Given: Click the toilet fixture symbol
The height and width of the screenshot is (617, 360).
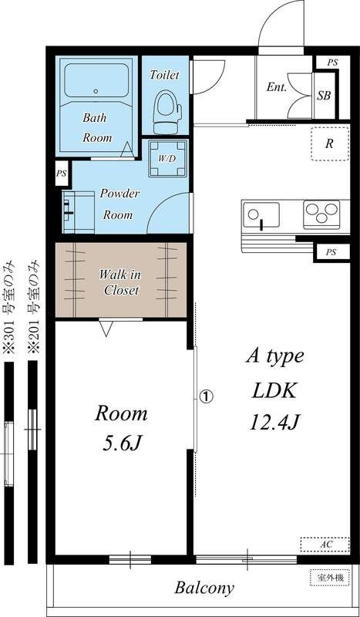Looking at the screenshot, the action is (x=167, y=112).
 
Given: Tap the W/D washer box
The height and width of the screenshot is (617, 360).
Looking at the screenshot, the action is (x=167, y=159).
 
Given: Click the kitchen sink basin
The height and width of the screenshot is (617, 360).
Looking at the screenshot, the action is (x=261, y=215).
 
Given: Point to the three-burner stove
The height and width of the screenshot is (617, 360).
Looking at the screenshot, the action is (x=321, y=214).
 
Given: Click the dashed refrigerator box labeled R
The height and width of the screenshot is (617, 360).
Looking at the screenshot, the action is (x=330, y=144).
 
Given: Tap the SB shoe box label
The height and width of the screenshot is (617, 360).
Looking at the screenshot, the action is (x=325, y=96).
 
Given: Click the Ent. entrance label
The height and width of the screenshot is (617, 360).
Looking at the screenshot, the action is (x=276, y=87).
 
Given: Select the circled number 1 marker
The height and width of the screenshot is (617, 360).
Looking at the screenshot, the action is (x=206, y=396).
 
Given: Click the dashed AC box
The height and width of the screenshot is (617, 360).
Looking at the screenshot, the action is (x=325, y=545).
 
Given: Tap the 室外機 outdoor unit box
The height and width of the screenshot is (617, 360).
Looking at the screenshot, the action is (x=330, y=578).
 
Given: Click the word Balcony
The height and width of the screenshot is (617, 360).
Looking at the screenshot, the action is (x=204, y=588).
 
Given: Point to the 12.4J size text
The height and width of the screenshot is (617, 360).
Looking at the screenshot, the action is (x=274, y=423).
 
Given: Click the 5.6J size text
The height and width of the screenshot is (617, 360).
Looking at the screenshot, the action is (x=121, y=443).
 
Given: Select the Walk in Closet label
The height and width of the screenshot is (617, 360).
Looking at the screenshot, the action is (x=119, y=282).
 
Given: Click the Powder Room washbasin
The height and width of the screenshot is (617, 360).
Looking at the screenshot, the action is (x=79, y=212).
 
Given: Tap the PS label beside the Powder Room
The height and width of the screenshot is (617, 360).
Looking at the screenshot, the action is (x=62, y=173).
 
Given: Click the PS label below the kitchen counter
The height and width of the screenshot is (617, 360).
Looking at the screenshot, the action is (x=331, y=253).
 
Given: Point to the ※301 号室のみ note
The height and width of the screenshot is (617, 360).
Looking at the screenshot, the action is (x=9, y=306).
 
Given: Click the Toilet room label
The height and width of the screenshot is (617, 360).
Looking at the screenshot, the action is (x=164, y=75).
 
